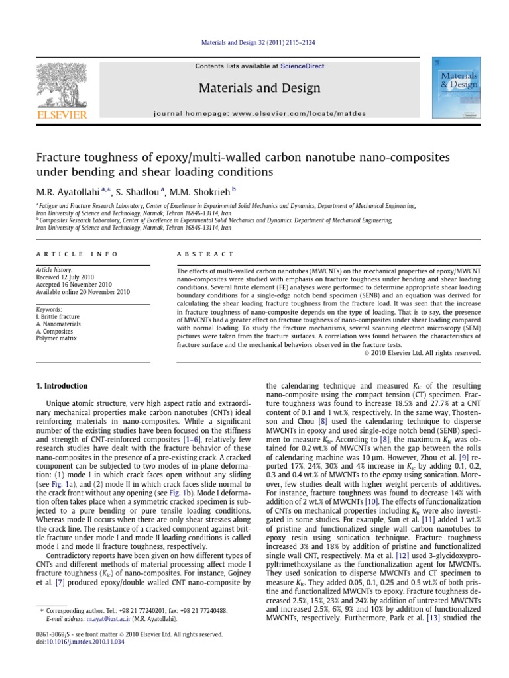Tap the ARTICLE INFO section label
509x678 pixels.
point(77,254)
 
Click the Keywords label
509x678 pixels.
point(50,309)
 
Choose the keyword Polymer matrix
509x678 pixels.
point(56,338)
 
